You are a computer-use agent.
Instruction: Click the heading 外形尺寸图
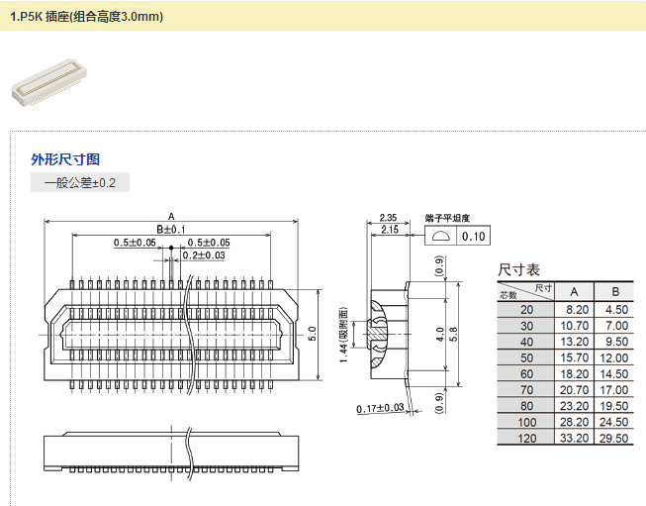click(65, 159)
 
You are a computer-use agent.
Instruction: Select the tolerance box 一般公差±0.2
click(80, 183)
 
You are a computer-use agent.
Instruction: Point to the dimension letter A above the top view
click(171, 216)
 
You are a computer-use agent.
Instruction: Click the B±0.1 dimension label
click(171, 230)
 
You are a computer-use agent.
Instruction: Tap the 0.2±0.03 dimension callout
click(204, 255)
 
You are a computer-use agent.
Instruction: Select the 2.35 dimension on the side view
click(388, 218)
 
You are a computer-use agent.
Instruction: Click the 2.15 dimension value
click(388, 230)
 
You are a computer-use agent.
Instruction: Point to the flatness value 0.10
click(474, 236)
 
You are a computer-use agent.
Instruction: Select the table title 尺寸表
click(518, 270)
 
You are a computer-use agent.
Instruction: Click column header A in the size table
click(574, 291)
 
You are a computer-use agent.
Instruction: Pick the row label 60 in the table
click(525, 373)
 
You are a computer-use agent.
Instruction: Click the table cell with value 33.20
click(574, 438)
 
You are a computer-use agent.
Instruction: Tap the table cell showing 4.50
click(615, 309)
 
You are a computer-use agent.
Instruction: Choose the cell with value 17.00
click(615, 389)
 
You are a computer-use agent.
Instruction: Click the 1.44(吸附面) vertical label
click(341, 333)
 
